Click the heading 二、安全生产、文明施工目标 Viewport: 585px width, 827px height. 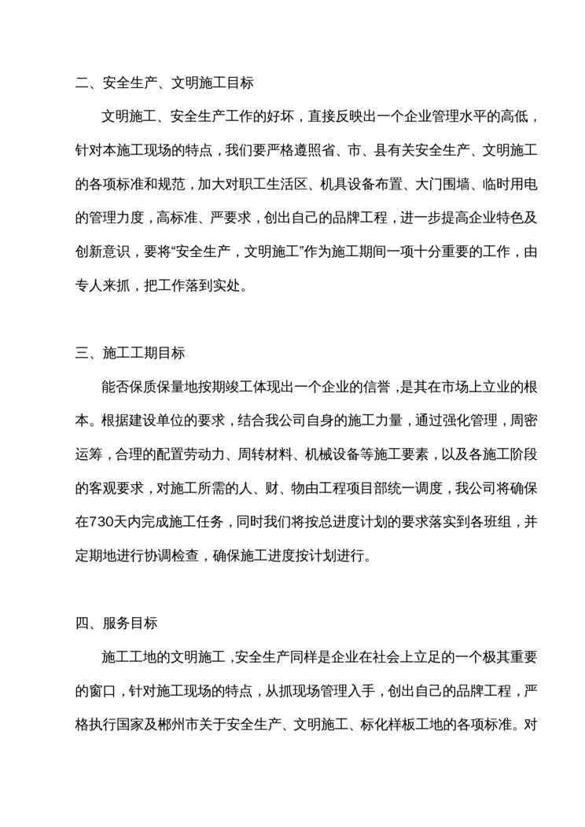click(164, 81)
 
